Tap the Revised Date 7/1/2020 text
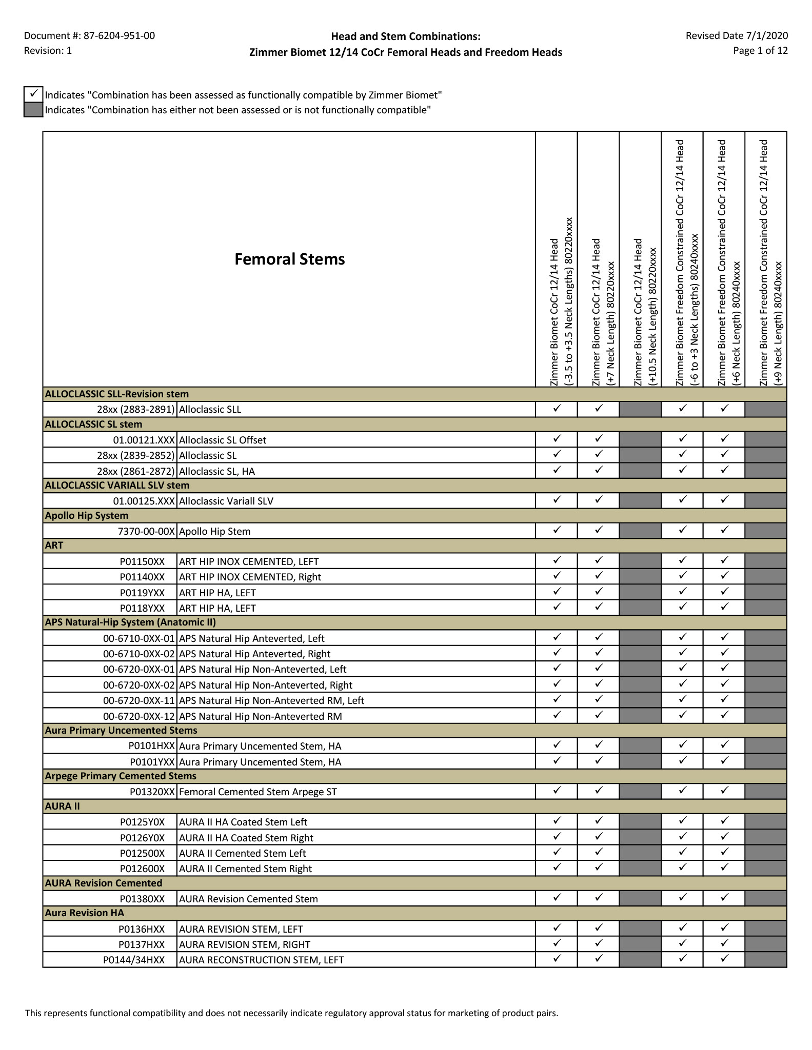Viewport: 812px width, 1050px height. [736, 35]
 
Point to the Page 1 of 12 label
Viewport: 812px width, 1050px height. [760, 51]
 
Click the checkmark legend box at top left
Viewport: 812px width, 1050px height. [33, 94]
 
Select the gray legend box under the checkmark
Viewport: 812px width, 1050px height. [33, 110]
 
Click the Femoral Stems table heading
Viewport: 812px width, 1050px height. [289, 259]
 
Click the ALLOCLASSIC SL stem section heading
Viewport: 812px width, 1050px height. [93, 425]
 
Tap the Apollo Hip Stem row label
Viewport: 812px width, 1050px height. [214, 531]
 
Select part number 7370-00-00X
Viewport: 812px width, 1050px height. [146, 531]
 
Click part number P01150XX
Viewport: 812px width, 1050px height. [142, 561]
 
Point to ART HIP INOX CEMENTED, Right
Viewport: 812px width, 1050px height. [250, 577]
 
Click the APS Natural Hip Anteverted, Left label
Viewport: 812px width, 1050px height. [251, 638]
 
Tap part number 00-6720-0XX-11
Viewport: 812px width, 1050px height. [139, 700]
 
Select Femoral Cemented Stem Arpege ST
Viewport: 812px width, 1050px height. [258, 792]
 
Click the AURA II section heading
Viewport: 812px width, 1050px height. [62, 806]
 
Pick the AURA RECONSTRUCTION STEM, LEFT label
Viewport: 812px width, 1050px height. [261, 960]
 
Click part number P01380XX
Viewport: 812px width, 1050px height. [142, 899]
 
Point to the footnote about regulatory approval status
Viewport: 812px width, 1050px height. [291, 1013]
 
